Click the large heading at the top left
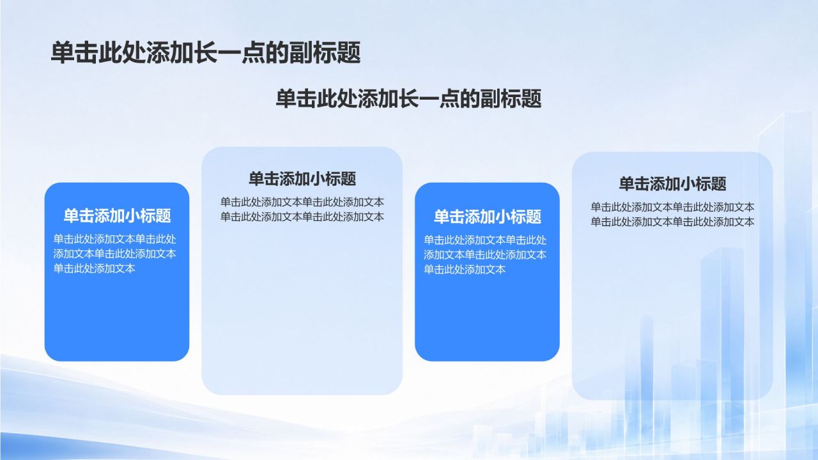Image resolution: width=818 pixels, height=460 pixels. [206, 53]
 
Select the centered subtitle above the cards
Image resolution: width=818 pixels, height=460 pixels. [408, 98]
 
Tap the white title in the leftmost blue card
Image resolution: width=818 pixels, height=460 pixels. [117, 216]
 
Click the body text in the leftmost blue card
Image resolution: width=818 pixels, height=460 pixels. [115, 254]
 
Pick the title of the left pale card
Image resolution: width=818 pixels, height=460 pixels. [302, 179]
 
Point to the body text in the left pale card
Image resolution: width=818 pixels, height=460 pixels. [302, 209]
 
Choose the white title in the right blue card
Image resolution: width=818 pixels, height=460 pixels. [488, 217]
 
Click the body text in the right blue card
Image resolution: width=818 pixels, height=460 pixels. [485, 255]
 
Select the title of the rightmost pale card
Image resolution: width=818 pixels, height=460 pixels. [673, 183]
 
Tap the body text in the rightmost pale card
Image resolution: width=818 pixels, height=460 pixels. [673, 214]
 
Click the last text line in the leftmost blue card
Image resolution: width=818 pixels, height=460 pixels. [94, 269]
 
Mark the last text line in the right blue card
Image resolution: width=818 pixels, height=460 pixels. [465, 270]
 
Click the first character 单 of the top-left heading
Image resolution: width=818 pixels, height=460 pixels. [63, 53]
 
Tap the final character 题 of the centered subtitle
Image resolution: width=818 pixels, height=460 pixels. [531, 98]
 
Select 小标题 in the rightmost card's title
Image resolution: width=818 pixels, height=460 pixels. [700, 183]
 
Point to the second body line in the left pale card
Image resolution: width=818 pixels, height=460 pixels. [302, 217]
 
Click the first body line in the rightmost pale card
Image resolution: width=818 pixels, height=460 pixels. [673, 208]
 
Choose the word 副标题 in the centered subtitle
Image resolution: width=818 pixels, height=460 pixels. [511, 98]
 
